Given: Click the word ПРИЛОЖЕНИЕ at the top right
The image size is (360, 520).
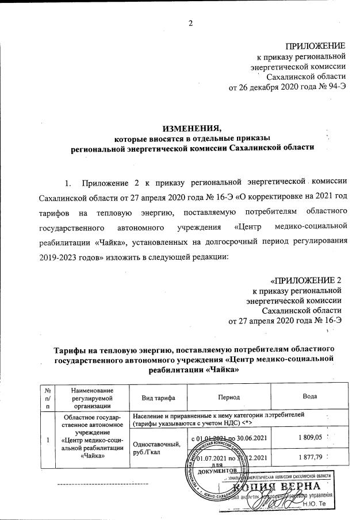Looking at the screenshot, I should [x=316, y=45].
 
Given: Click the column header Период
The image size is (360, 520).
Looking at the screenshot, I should [x=232, y=397].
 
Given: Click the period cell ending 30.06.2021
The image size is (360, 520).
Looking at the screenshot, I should [x=232, y=438].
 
